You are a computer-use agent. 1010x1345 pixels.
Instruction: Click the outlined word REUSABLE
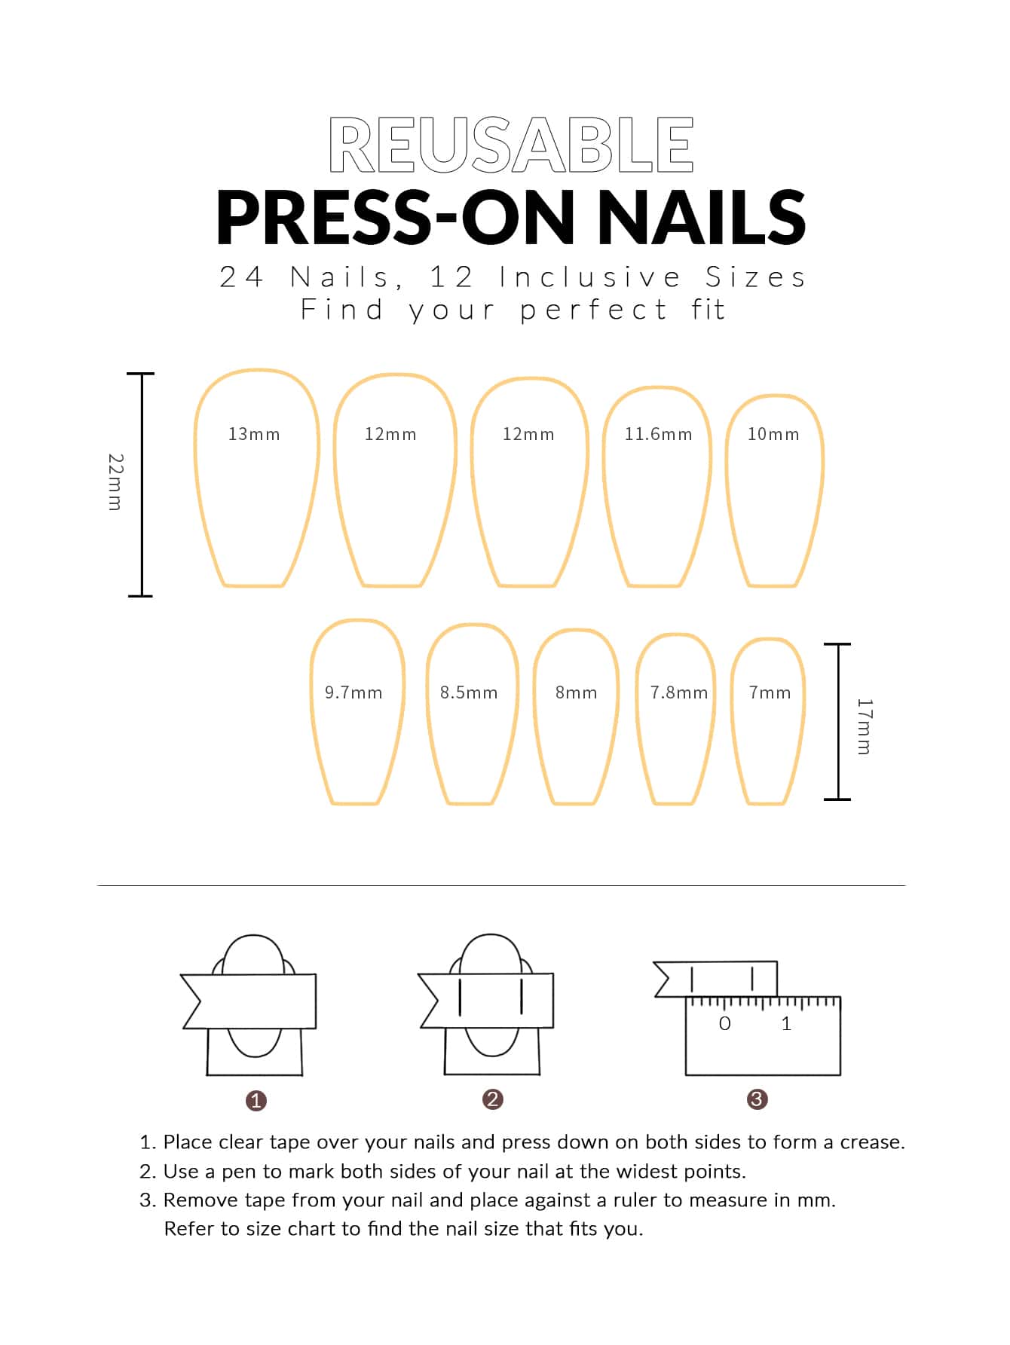coord(511,144)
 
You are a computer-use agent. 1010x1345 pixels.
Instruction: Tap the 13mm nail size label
coord(254,434)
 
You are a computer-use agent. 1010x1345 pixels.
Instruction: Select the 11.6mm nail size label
coord(658,434)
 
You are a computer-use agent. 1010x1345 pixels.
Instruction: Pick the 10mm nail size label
coord(773,434)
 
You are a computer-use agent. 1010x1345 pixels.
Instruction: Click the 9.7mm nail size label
coord(353,692)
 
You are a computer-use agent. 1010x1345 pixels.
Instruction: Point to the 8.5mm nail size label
coord(469,692)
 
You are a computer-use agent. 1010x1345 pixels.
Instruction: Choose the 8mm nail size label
coord(576,692)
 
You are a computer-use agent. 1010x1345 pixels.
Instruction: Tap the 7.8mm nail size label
coord(679,692)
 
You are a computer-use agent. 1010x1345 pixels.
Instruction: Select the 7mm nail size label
coord(770,692)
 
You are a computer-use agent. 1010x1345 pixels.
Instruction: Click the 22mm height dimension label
coord(115,482)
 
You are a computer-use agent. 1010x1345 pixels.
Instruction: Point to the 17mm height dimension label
coord(864,726)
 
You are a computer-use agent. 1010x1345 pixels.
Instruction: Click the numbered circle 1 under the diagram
coord(256,1100)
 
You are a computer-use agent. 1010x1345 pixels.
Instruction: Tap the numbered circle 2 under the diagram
coord(492,1099)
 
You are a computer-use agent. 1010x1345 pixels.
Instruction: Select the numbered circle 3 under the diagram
coord(757,1099)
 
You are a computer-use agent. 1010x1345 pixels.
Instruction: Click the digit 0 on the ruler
coord(725,1023)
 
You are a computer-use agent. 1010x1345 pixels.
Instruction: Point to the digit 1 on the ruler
coord(787,1023)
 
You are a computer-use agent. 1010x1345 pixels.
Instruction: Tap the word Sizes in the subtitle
coord(755,277)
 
